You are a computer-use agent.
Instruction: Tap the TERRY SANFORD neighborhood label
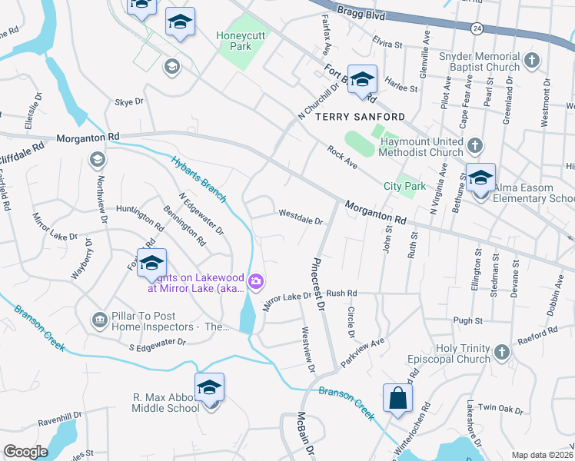tap(360, 117)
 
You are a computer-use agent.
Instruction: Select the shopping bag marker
tap(397, 400)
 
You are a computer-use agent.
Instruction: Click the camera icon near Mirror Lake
tap(256, 283)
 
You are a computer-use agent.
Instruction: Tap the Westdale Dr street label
tap(301, 217)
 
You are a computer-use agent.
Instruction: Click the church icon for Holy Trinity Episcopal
tap(501, 352)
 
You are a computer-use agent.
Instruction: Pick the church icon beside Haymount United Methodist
tap(475, 145)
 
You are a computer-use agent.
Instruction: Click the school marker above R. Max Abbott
tap(209, 389)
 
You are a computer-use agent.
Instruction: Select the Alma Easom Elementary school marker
tap(480, 179)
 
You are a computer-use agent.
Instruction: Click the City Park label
tap(404, 186)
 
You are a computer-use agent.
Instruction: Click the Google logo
tap(25, 452)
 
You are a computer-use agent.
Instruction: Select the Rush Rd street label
tap(342, 294)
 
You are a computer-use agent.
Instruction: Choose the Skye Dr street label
tap(128, 101)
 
